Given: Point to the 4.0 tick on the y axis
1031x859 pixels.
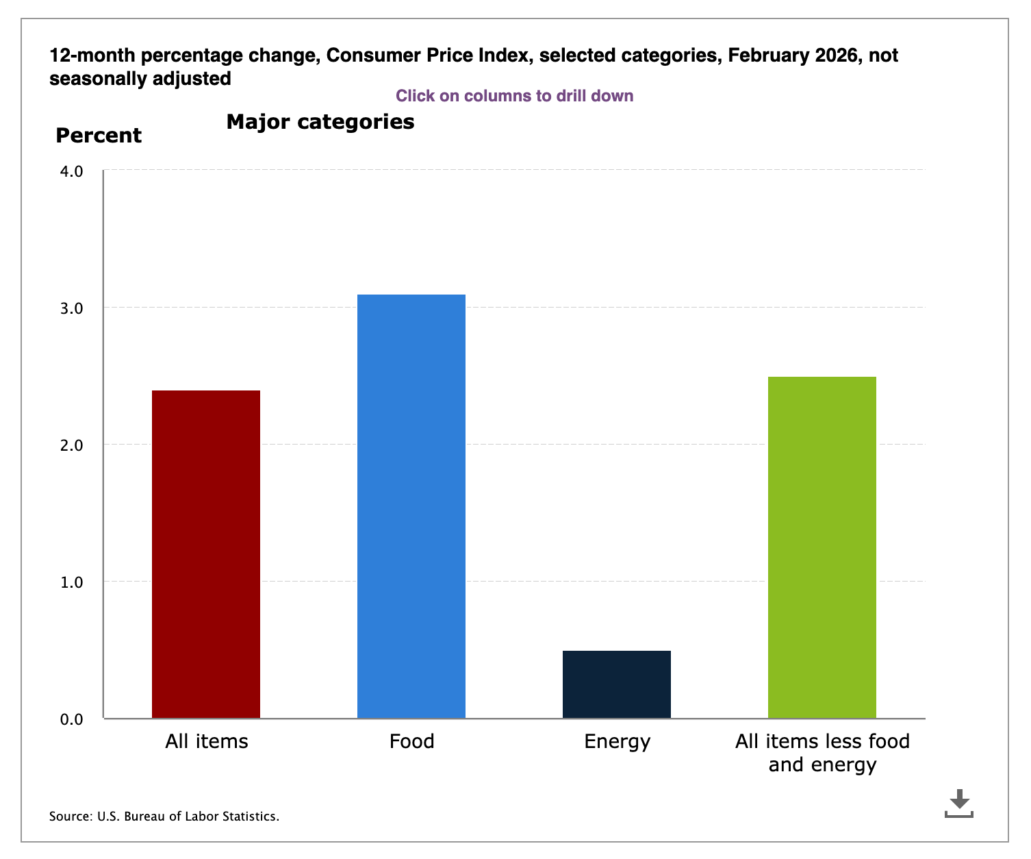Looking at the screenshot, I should tap(71, 171).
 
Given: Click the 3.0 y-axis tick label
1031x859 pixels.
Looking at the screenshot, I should tap(71, 308).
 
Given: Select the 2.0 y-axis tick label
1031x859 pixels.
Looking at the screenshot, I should tap(71, 445).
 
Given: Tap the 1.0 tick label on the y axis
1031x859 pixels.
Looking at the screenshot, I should tap(71, 582).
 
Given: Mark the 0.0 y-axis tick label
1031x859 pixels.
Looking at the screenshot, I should tap(71, 719).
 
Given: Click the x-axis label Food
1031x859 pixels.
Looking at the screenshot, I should tap(411, 741).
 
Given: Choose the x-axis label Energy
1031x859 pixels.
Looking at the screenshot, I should tap(617, 741).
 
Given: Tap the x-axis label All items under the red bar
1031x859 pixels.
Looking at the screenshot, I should tap(206, 741).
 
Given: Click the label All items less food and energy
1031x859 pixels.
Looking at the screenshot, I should tap(822, 752).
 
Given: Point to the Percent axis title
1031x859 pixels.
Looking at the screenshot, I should tap(99, 136).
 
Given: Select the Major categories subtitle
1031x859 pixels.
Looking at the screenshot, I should tap(320, 122).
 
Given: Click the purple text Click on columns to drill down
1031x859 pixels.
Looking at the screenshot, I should tap(514, 96).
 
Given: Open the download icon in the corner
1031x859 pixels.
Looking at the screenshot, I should tap(958, 803).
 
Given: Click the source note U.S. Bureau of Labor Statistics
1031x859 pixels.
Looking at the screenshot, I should tap(164, 817).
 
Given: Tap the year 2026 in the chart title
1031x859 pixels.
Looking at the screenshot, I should tap(836, 55).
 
